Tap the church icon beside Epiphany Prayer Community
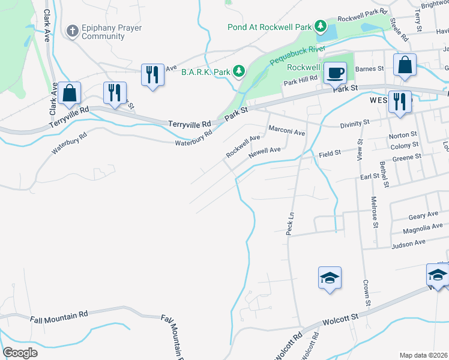pyautogui.click(x=73, y=31)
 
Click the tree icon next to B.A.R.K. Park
pyautogui.click(x=240, y=72)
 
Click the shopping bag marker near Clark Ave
pyautogui.click(x=70, y=93)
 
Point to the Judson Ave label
pyautogui.click(x=408, y=243)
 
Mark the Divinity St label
pyautogui.click(x=352, y=124)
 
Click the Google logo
pyautogui.click(x=20, y=353)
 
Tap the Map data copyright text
pyautogui.click(x=424, y=355)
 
